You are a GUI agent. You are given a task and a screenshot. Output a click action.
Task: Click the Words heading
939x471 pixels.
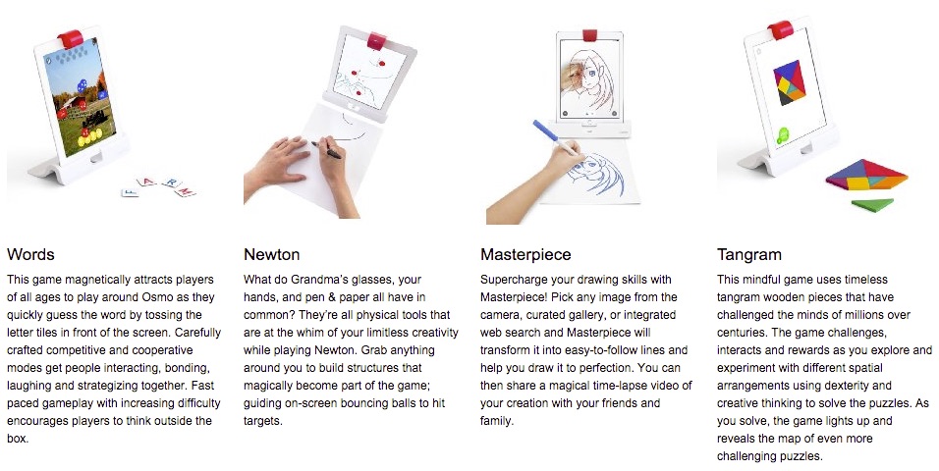(30, 254)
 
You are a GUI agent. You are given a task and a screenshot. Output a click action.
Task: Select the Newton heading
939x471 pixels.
(271, 254)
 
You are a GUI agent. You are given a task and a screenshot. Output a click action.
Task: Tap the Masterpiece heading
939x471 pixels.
(525, 255)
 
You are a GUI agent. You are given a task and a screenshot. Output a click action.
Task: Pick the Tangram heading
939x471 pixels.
(749, 255)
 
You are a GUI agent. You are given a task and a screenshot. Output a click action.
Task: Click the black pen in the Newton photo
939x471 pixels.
(326, 149)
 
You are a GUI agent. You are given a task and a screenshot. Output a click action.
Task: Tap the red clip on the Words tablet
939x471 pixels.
(71, 38)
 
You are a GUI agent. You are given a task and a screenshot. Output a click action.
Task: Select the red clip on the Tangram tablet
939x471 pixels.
(780, 29)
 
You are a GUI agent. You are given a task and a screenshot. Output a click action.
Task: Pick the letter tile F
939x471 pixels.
(130, 192)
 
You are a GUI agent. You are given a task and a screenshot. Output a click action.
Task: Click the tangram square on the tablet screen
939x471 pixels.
(790, 82)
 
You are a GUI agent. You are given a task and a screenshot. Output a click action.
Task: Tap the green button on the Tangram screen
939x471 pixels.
(783, 135)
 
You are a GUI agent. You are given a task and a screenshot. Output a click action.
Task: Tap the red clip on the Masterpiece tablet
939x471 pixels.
(590, 34)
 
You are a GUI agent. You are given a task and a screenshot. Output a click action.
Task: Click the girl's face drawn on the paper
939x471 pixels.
(591, 171)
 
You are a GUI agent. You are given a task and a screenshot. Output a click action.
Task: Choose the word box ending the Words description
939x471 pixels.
(17, 439)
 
